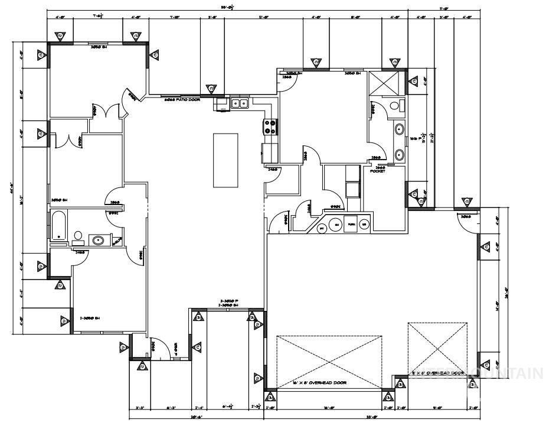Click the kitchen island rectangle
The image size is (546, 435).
pos(226,160)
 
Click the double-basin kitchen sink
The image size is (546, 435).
pos(239,104)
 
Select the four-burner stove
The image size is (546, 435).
pos(270,127)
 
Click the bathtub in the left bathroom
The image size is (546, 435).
pos(58,229)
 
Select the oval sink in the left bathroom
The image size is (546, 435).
pos(97,240)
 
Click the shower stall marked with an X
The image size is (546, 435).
pos(386,83)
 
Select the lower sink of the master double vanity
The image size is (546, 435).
pos(399,155)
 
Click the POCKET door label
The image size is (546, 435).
pos(378,171)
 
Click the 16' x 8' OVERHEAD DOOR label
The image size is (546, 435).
pos(319,383)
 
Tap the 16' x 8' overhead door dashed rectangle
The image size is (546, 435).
pos(329,362)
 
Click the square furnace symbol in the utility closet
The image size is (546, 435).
pos(352,224)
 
